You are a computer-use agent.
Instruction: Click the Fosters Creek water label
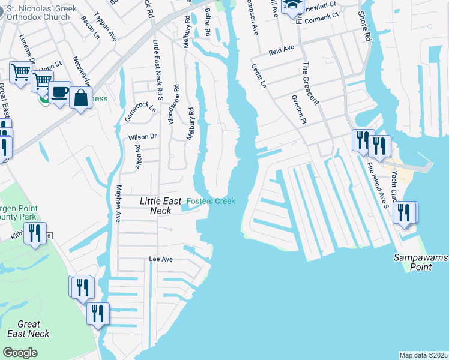click(x=211, y=201)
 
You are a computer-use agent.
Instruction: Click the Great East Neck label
click(x=28, y=329)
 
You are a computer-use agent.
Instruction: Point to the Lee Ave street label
click(x=161, y=259)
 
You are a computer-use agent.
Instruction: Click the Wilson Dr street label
click(x=142, y=137)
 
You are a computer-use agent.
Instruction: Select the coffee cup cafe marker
click(x=59, y=92)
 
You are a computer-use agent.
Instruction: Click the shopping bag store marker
click(x=80, y=98)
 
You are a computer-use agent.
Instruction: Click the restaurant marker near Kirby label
click(x=35, y=232)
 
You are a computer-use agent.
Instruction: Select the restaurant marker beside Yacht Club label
click(x=405, y=212)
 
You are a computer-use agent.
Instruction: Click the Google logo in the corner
click(x=20, y=353)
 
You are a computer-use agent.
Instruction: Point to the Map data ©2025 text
click(x=423, y=355)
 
